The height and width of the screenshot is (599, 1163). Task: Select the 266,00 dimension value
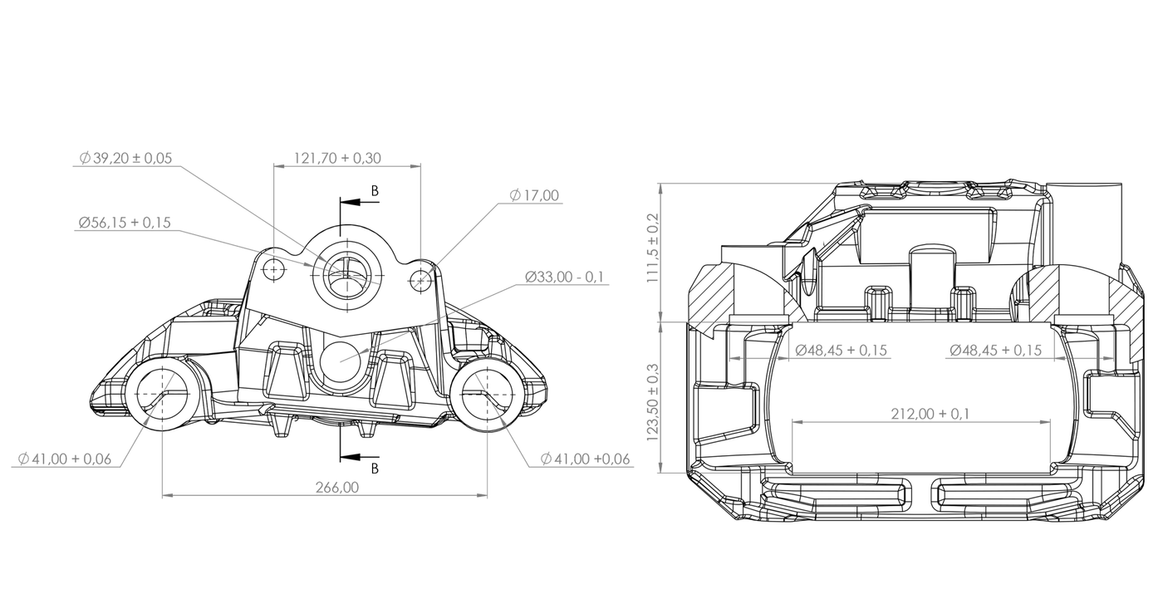337,488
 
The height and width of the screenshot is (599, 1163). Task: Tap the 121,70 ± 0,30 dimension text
339,157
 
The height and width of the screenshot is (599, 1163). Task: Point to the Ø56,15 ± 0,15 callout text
124,223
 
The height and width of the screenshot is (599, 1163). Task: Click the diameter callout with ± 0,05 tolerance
126,157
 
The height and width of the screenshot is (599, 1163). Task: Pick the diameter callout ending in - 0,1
563,277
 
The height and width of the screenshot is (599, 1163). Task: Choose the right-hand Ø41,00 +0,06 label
585,459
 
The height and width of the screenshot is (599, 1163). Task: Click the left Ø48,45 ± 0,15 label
841,351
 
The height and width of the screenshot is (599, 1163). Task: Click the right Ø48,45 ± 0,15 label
994,351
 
